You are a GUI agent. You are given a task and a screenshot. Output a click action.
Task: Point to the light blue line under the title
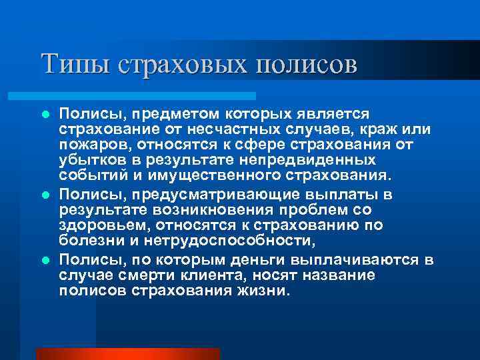147,96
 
